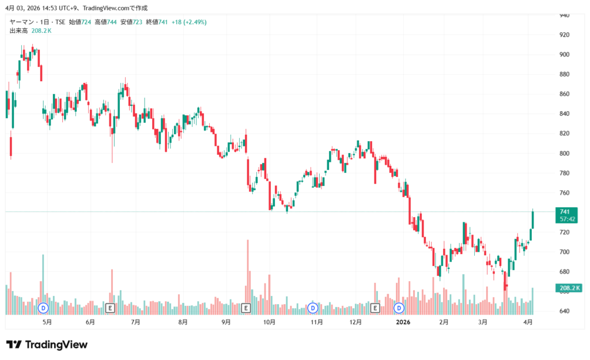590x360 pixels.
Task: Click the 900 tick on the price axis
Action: [565, 55]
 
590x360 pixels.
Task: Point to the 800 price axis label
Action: [565, 153]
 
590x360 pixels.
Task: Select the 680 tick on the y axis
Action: [565, 272]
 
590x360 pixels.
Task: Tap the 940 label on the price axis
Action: [565, 16]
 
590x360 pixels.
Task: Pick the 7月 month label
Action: [135, 323]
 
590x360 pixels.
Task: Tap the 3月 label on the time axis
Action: [483, 323]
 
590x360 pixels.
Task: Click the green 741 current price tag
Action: [565, 212]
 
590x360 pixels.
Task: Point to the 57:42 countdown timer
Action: [565, 219]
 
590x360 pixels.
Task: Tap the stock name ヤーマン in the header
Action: [23, 22]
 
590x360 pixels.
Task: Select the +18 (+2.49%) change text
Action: [189, 22]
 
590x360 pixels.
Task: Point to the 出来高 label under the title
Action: [18, 31]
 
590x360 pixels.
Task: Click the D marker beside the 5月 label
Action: [43, 308]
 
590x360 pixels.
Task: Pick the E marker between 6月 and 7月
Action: [111, 308]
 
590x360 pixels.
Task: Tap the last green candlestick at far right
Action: [532, 220]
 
